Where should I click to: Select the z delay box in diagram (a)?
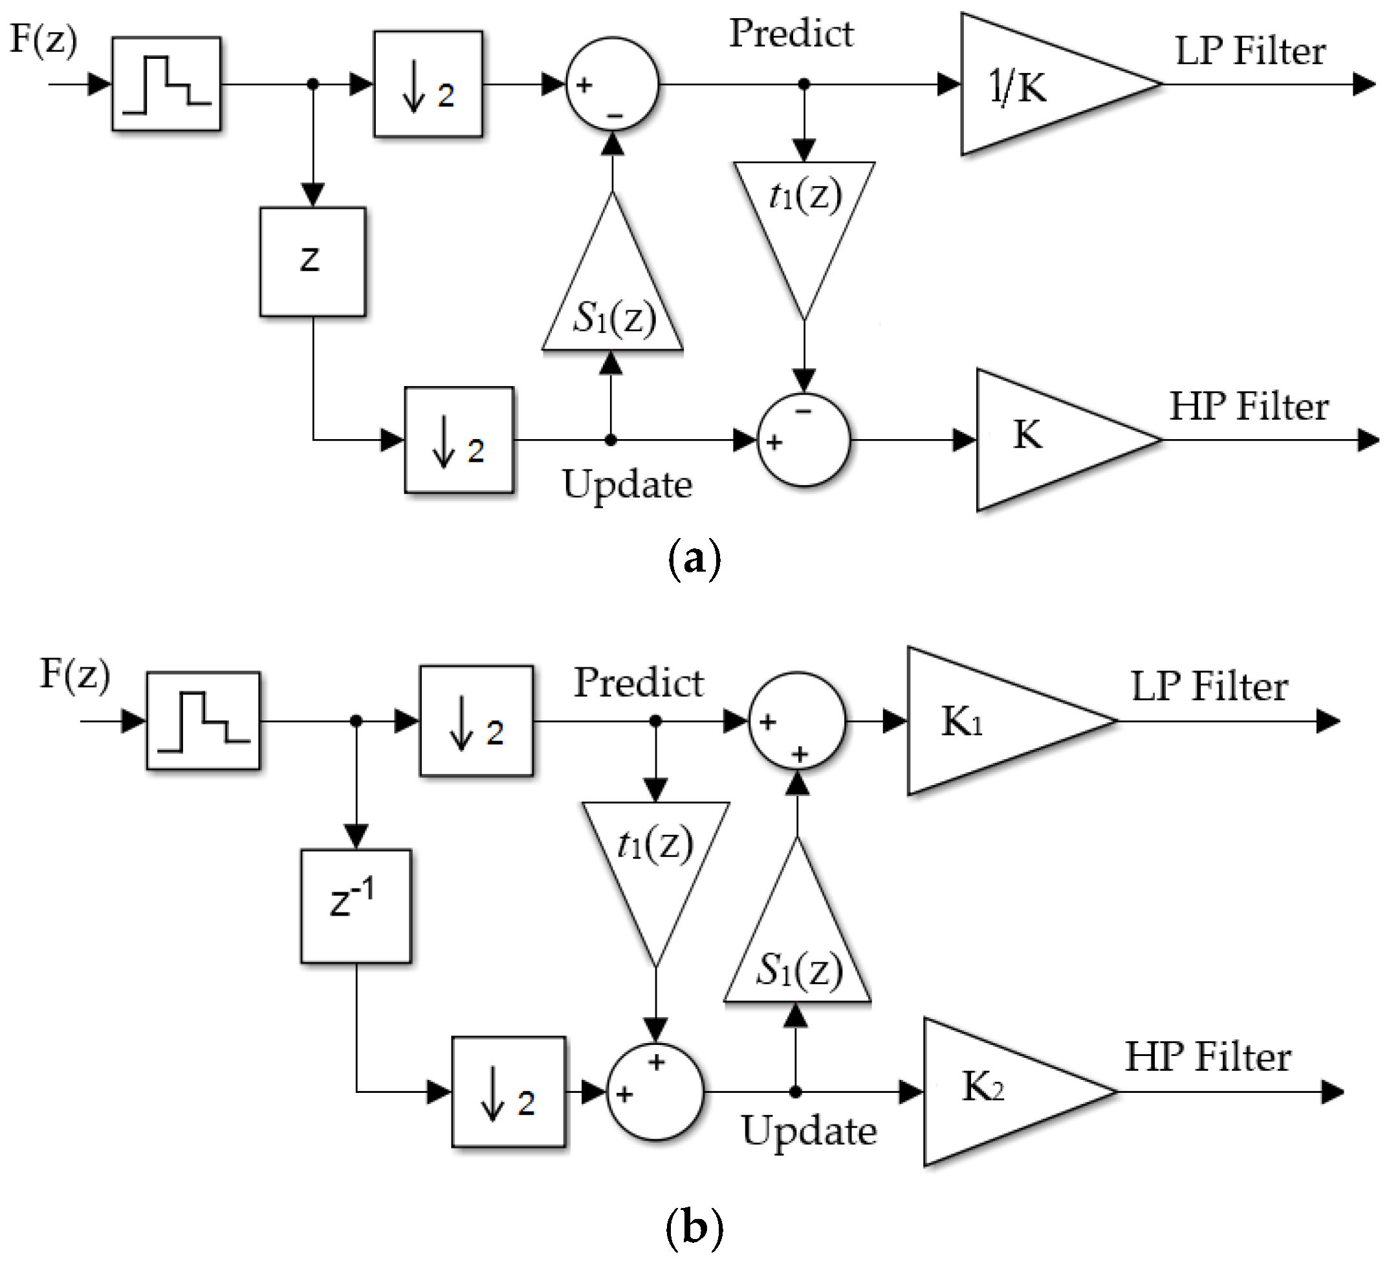[313, 262]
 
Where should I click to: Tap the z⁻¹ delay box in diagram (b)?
[356, 905]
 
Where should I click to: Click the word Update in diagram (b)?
[809, 1132]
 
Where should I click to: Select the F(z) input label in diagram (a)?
[43, 40]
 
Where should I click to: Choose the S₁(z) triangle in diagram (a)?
[613, 289]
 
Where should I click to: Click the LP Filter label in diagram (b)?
[1209, 687]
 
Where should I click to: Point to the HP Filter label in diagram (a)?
[1249, 406]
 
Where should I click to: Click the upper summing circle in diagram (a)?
[613, 85]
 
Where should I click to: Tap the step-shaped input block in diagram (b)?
[203, 720]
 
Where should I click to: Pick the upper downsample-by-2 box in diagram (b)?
[476, 720]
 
